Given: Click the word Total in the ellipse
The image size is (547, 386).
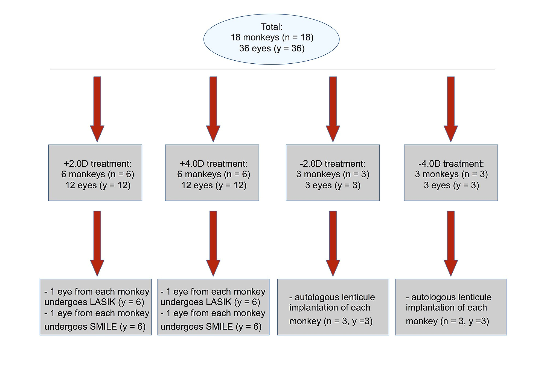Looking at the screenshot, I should pos(271,27).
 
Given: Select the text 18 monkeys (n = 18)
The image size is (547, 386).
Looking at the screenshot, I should pos(272,37).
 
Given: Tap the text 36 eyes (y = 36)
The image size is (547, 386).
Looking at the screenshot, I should pos(272,48).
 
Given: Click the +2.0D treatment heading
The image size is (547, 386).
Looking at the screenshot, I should pos(97,164).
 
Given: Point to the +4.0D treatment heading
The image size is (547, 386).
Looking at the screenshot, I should pos(213,164).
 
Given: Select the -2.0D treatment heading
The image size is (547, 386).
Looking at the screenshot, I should pos(332,164).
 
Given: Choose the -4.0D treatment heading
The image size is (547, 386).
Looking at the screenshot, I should pos(451,164).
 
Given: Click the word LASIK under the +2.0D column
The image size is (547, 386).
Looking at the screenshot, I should pos(103,302).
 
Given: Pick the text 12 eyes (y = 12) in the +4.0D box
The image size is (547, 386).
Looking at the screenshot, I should pos(214,185).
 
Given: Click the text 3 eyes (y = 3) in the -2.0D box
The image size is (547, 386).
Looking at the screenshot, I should pos(333,185).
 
